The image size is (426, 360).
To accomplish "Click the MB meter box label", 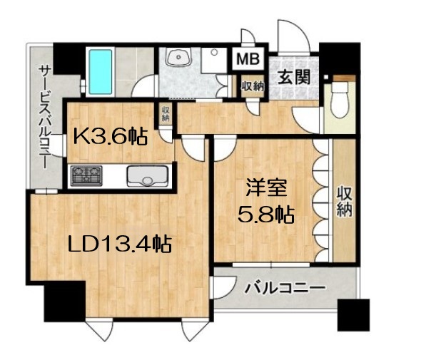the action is (x=248, y=58).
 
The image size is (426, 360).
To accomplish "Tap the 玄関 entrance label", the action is (x=294, y=77).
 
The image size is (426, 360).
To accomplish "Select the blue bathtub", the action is (x=101, y=72).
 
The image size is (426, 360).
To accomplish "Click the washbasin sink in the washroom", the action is (x=178, y=57).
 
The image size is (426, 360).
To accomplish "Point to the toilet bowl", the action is (x=340, y=100).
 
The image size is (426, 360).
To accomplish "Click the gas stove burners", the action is (x=86, y=175).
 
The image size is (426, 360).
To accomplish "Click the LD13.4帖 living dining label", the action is (x=120, y=244).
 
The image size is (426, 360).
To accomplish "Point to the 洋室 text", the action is (x=266, y=187).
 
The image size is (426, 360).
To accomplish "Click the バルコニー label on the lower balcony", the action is (x=285, y=287).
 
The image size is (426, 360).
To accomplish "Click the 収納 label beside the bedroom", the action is (x=344, y=202).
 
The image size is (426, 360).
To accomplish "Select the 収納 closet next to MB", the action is (x=253, y=86).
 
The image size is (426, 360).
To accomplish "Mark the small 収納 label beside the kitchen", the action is (x=166, y=113).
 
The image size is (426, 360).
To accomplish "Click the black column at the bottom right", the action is (x=353, y=315).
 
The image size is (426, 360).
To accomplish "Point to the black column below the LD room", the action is (x=65, y=302).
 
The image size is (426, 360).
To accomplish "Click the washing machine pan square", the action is (x=214, y=61).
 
